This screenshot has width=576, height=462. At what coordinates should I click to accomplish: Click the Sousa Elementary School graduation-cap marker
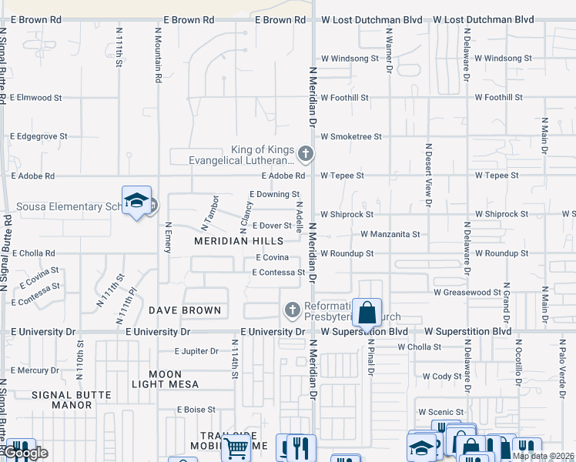click(x=136, y=201)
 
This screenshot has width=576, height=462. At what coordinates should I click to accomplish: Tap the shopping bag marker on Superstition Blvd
click(x=367, y=313)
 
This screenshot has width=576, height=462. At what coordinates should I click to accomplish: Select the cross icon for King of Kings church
click(x=306, y=155)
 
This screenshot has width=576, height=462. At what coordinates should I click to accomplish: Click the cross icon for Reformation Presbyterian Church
click(x=292, y=310)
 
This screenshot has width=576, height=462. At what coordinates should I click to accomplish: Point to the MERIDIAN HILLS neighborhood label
click(x=228, y=241)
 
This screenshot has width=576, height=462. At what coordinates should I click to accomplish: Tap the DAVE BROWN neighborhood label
click(x=185, y=310)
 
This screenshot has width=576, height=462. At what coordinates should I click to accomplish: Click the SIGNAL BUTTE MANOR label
click(x=72, y=395)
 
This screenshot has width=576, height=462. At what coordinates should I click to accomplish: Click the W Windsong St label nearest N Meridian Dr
click(x=350, y=59)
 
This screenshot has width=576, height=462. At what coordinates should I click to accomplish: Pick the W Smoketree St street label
click(x=351, y=136)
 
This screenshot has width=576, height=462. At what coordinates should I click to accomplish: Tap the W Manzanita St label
click(x=390, y=234)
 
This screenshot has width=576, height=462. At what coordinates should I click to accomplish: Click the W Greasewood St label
click(x=467, y=293)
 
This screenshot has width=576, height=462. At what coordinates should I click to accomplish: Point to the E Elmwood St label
click(x=36, y=98)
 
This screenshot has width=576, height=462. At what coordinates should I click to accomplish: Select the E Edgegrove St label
click(x=39, y=136)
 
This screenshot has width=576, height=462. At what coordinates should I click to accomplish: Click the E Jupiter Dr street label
click(x=197, y=351)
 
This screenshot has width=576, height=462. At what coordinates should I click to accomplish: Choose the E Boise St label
click(x=197, y=410)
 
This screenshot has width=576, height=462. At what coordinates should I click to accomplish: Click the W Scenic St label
click(x=440, y=412)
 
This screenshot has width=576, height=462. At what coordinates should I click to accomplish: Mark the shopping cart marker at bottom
click(x=236, y=446)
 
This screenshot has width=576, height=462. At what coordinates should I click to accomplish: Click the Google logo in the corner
click(x=25, y=454)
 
